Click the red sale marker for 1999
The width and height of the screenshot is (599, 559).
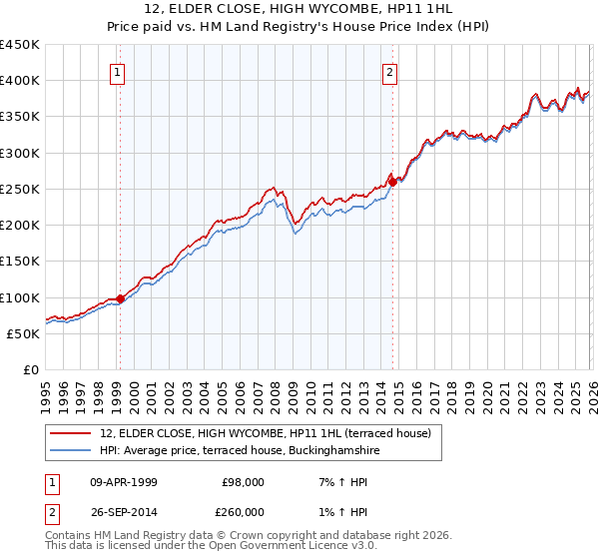(120, 298)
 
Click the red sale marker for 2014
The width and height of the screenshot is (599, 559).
(393, 182)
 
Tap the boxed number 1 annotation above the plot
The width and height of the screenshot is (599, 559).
(118, 72)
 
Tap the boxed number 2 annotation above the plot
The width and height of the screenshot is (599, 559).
(389, 72)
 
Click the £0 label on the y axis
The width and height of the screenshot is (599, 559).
(31, 370)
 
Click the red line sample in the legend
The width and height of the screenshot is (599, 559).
(71, 434)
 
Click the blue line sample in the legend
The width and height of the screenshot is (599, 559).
(71, 451)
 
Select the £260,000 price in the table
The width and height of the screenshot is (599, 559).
(243, 511)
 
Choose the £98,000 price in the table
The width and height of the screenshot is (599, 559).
(243, 481)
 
